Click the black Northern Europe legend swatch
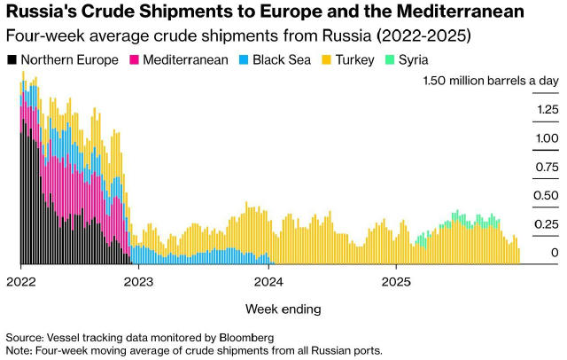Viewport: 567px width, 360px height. coord(12,60)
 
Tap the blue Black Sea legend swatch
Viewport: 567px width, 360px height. coord(245,60)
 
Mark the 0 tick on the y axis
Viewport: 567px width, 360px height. coord(555,254)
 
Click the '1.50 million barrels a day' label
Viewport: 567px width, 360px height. coord(491,81)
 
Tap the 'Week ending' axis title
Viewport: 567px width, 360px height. coord(283,309)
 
